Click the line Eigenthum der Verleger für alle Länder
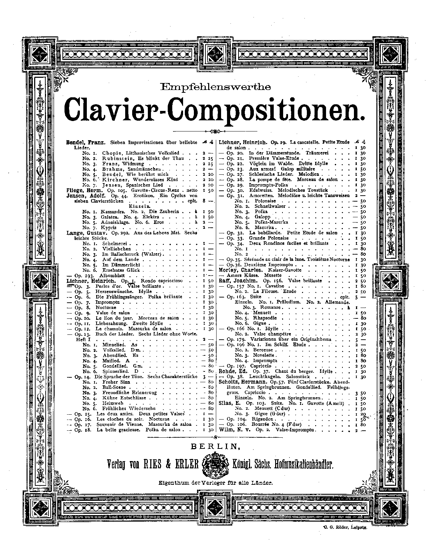click(x=215, y=483)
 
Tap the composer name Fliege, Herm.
click(x=84, y=191)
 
